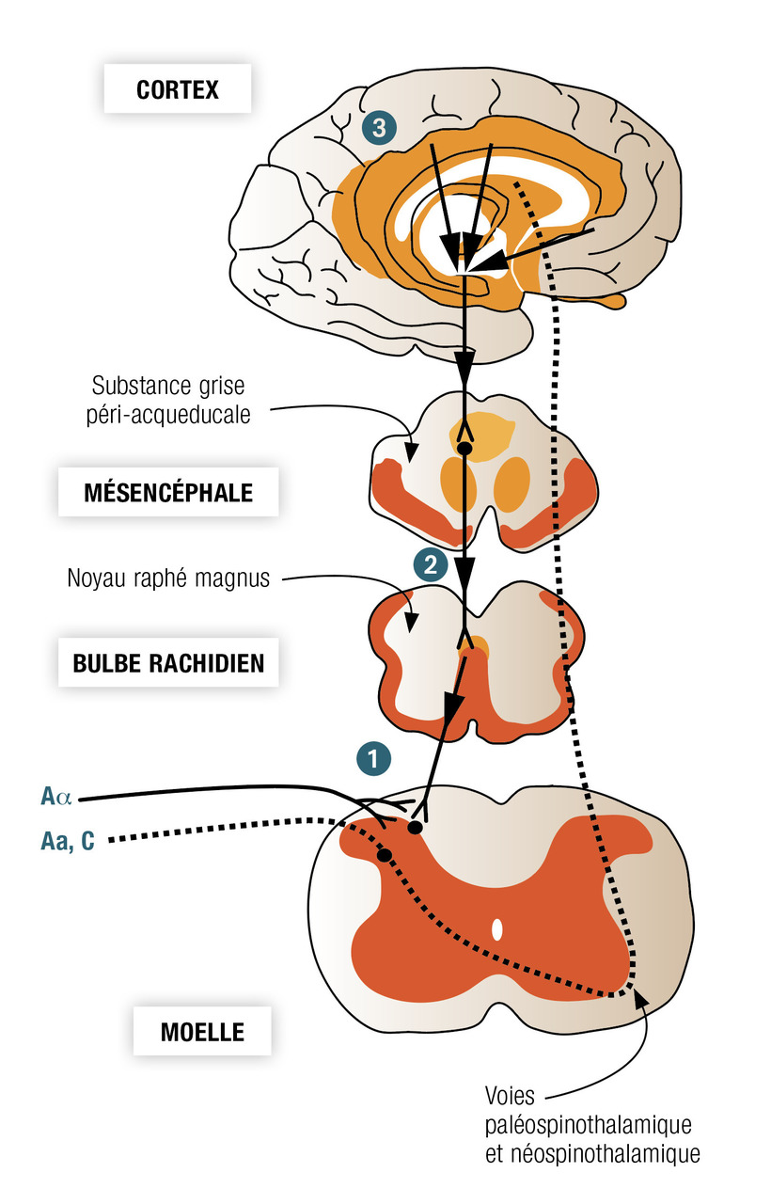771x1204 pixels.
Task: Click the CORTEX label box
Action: [178, 90]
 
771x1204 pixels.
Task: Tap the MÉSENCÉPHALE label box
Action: [168, 492]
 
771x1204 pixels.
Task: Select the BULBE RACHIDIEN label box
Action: [168, 662]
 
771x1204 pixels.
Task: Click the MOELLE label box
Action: [202, 1031]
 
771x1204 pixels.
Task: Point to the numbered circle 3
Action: [378, 128]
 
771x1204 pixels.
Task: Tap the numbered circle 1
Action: [373, 757]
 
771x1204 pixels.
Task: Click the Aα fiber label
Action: [55, 798]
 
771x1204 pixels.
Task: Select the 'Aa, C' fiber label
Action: [67, 840]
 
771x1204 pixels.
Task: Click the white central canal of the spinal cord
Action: [497, 929]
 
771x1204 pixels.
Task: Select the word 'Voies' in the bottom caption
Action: [511, 1096]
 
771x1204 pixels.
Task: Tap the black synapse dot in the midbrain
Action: [463, 448]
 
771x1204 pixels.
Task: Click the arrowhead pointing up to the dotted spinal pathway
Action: [640, 998]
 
